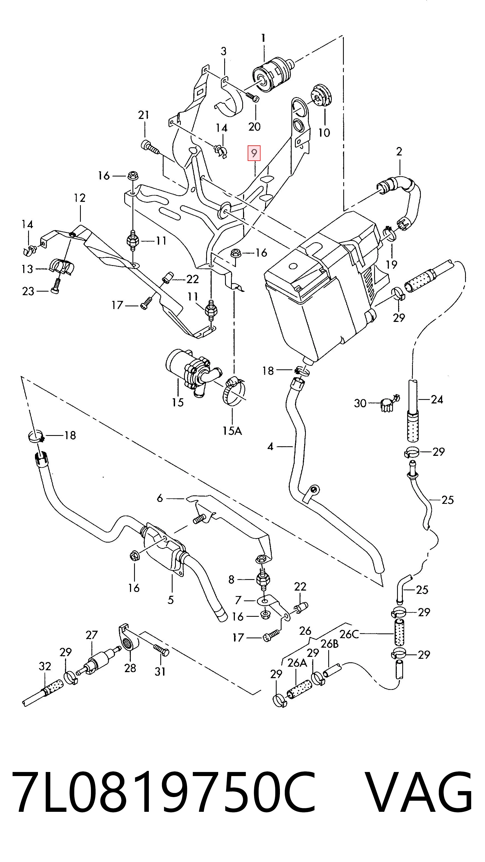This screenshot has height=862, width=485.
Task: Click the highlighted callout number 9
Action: [254, 154]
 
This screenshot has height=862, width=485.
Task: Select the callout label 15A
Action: [232, 430]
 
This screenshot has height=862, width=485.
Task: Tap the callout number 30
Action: [360, 403]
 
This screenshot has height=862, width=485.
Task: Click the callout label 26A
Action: [297, 663]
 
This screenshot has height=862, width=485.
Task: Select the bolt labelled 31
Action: [162, 651]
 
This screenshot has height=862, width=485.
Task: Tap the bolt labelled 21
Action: [149, 147]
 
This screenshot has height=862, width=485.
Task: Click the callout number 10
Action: [324, 133]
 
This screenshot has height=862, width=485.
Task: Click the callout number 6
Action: [160, 498]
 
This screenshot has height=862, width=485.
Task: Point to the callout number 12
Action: [80, 198]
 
